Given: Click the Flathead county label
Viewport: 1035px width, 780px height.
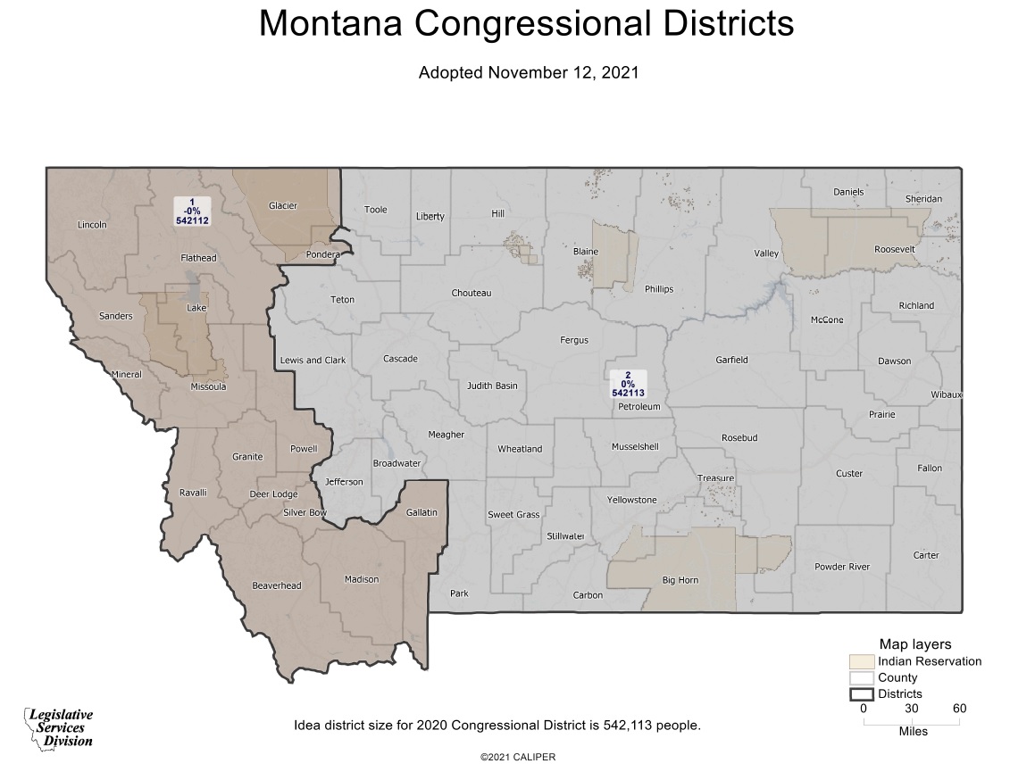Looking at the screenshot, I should [x=198, y=258].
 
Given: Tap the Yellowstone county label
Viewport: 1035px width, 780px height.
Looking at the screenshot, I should [x=631, y=500].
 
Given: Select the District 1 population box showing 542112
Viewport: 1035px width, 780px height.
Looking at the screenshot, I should [x=192, y=211].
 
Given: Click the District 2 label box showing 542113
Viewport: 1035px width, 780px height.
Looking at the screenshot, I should [x=628, y=384].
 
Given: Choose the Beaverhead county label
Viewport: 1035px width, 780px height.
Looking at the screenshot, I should [x=277, y=585].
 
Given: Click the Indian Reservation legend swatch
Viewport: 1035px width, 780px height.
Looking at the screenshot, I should [x=861, y=661].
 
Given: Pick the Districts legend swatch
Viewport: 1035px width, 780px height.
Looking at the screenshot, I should [x=861, y=693].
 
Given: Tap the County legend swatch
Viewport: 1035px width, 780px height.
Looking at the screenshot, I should [x=861, y=677].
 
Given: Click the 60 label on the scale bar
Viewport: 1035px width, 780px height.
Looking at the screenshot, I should [x=959, y=709].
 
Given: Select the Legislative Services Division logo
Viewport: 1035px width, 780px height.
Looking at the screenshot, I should [x=59, y=727].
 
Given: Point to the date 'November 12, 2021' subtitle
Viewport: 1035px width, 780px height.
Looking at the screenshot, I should [x=563, y=73].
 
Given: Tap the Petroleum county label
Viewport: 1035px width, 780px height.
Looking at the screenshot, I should [x=639, y=407].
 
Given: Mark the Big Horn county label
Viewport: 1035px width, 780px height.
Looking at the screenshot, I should [x=680, y=580].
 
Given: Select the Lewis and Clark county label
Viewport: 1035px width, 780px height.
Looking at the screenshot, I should [x=313, y=361].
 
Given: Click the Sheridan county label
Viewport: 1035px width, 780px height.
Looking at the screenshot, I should [x=923, y=198].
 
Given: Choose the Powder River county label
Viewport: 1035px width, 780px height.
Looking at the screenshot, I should [x=842, y=567].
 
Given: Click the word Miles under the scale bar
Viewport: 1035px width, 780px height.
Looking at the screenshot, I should [x=912, y=731].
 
